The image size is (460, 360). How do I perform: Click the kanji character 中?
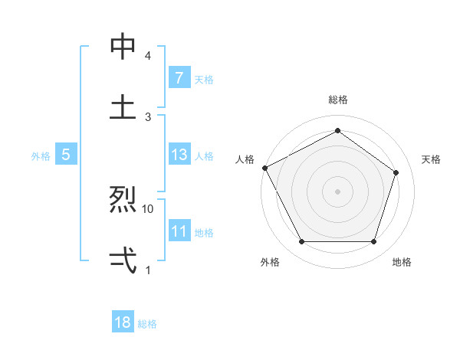click(123, 47)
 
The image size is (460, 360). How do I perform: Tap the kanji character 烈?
click(123, 201)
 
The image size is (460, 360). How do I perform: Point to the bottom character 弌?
click(123, 260)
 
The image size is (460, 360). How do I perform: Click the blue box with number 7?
click(179, 78)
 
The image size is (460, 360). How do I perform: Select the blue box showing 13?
click(179, 155)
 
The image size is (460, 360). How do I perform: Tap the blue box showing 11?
click(179, 231)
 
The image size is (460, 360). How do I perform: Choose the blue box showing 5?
click(66, 155)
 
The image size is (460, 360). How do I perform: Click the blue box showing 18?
click(123, 322)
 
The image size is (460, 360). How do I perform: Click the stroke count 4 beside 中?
click(148, 56)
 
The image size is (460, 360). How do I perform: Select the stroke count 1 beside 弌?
click(148, 269)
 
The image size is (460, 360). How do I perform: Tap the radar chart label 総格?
click(337, 100)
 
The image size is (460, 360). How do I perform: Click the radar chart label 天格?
click(431, 159)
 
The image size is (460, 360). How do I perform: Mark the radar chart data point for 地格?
click(373, 242)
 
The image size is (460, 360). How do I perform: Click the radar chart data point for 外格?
click(301, 242)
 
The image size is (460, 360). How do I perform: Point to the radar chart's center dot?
click(337, 191)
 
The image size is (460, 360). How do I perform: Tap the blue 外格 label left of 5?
click(41, 156)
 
